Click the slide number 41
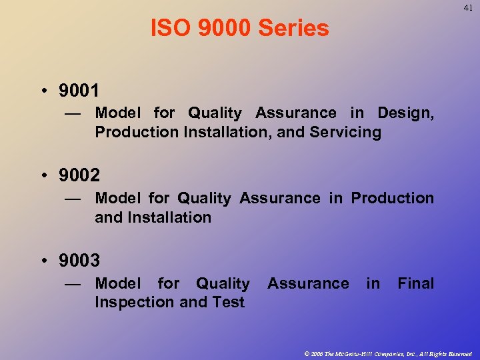[x=468, y=8]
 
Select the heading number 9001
[x=79, y=90]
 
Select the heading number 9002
[x=79, y=175]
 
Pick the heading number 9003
[x=79, y=261]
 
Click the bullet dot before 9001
[x=43, y=91]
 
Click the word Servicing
[x=345, y=132]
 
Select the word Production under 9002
[x=392, y=198]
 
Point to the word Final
[x=415, y=283]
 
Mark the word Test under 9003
[x=229, y=302]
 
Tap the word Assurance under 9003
[x=308, y=283]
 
